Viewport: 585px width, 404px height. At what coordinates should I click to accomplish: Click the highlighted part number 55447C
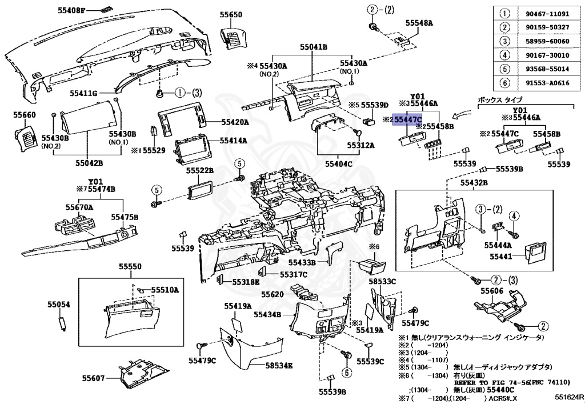point(408,120)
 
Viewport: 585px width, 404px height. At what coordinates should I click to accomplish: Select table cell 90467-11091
point(547,14)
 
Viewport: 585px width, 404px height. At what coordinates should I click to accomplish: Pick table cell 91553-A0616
point(547,83)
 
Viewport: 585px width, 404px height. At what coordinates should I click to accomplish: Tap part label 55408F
point(71,10)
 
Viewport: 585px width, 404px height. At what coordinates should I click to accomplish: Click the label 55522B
point(200,170)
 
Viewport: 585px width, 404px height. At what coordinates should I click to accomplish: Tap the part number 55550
point(131,266)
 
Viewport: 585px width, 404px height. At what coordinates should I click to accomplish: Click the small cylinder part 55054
point(62,323)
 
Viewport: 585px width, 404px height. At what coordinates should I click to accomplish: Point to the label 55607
point(93,378)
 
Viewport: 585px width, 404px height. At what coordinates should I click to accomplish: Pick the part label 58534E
point(279,365)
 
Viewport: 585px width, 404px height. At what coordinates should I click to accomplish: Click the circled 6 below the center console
point(346,372)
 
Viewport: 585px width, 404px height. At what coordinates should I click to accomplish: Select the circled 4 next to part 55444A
point(514,215)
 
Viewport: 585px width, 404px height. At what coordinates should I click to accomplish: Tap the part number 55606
point(492,291)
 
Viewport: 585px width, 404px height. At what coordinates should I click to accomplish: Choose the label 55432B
point(474,182)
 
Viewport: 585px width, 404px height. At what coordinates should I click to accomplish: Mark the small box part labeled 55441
point(535,252)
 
